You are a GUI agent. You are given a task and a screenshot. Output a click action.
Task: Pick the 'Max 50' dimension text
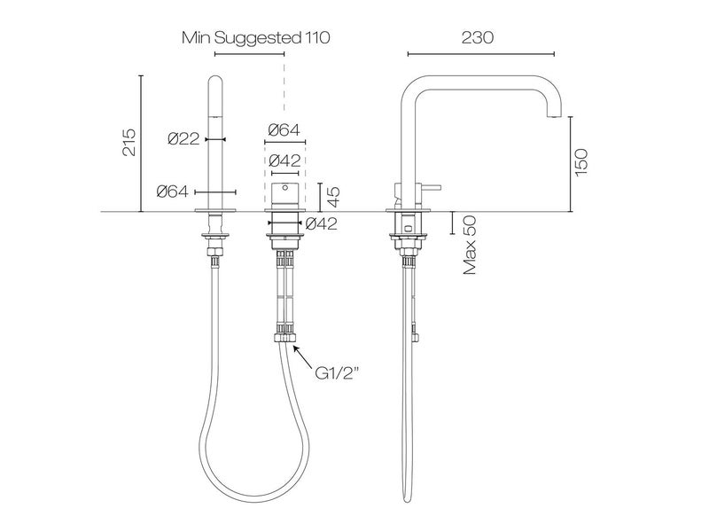469,245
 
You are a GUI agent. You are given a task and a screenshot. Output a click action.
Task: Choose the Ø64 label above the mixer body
284,130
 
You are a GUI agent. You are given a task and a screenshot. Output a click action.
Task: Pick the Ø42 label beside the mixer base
321,224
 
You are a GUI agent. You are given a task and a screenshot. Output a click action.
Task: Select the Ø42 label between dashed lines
284,161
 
